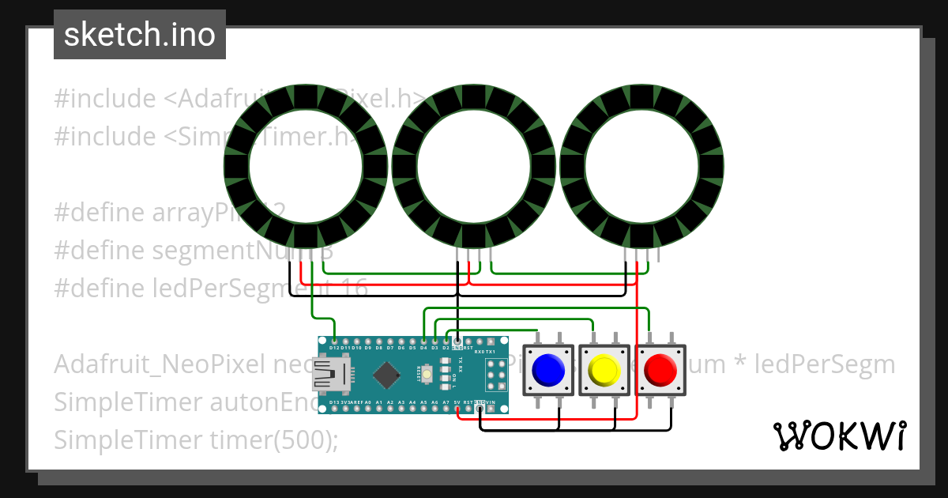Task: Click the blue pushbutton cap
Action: pyautogui.click(x=548, y=368)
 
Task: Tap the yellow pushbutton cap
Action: pyautogui.click(x=604, y=368)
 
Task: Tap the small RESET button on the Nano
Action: pyautogui.click(x=427, y=372)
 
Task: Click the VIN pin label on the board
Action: pyautogui.click(x=491, y=402)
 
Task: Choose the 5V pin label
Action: pyautogui.click(x=457, y=402)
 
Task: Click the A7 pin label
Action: pyautogui.click(x=446, y=402)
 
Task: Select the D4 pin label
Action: pyautogui.click(x=424, y=347)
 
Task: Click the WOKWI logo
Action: pyautogui.click(x=840, y=436)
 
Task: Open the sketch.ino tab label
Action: pyautogui.click(x=140, y=35)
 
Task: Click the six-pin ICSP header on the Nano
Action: pyautogui.click(x=497, y=374)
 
